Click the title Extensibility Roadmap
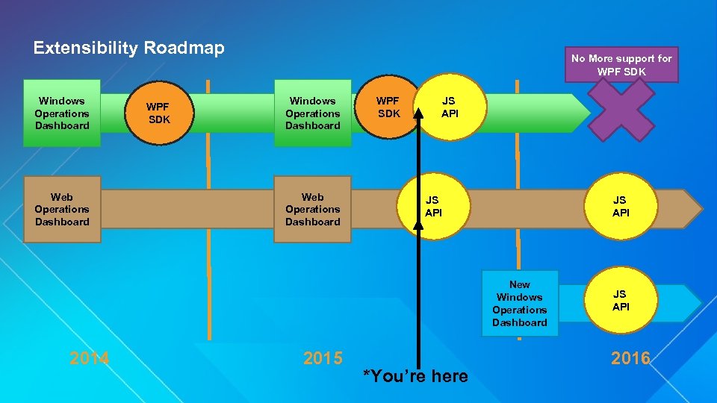pos(128,49)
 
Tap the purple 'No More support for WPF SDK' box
pos(621,65)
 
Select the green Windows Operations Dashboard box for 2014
pos(61,113)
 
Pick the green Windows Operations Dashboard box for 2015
pos(312,113)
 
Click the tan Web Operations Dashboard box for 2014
pos(61,209)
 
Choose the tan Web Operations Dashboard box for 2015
pos(312,209)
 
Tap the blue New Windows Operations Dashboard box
pos(520,303)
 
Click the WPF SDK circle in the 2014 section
pos(158,113)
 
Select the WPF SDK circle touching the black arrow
pos(388,107)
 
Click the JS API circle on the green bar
pos(450,107)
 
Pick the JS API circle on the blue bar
pos(621,300)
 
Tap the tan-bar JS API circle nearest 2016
pos(621,207)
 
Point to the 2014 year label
pos(90,358)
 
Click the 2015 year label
pos(323,358)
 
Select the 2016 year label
pos(630,358)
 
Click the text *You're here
pos(415,376)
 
